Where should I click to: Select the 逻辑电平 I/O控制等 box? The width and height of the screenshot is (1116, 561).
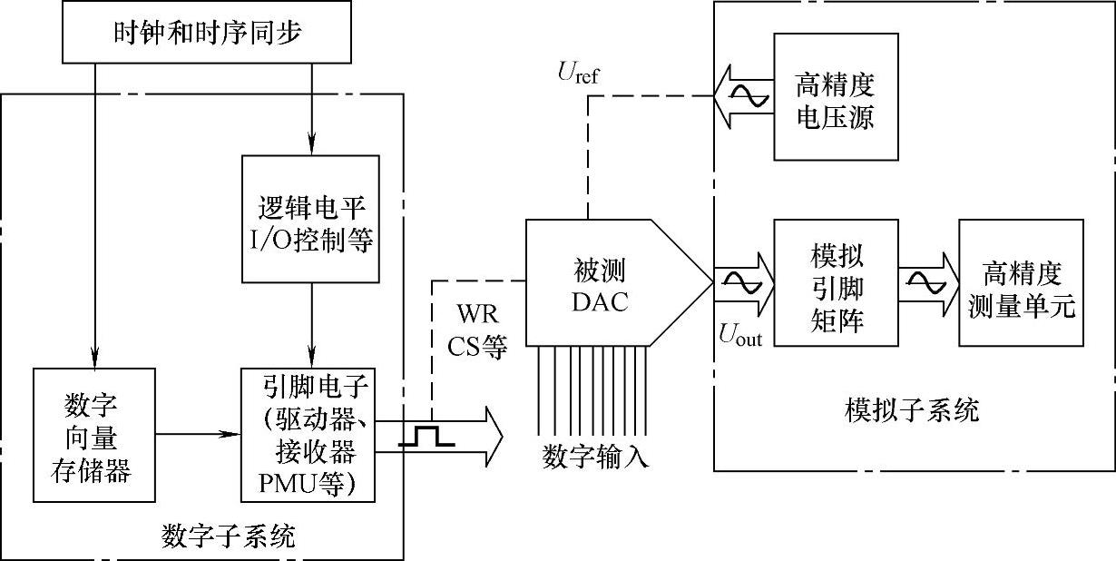point(311,218)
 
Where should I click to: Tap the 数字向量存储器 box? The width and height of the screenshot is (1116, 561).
point(93,435)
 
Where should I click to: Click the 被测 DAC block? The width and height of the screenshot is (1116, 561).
point(599,283)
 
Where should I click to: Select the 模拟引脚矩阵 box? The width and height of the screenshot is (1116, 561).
point(835,282)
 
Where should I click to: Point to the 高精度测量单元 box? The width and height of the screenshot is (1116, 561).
point(1021,282)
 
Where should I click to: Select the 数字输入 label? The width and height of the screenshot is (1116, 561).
point(595,455)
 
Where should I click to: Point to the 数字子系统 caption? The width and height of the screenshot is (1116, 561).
point(227,536)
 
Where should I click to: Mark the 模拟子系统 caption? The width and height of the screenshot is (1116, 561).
point(911,410)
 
